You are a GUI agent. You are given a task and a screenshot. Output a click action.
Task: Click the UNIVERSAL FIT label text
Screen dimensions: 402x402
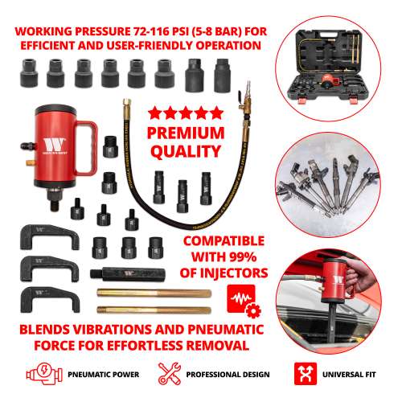coord(353,375)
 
